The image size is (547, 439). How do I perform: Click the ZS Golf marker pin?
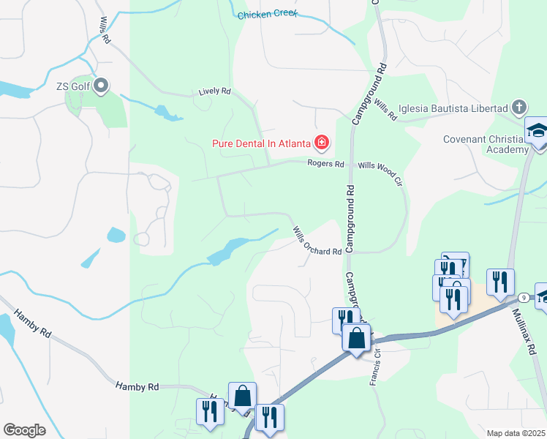(102, 86)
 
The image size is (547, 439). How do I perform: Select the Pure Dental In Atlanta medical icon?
(321, 142)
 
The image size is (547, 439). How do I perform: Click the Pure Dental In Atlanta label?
(261, 143)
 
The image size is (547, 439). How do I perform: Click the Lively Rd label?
(214, 92)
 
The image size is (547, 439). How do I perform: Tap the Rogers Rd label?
(325, 164)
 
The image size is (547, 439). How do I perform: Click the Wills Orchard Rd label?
(317, 241)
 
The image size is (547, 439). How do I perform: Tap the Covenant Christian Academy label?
(486, 144)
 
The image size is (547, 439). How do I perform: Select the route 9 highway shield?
(524, 297)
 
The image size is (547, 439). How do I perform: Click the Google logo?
(23, 430)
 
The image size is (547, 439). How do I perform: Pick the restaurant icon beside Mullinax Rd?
(500, 281)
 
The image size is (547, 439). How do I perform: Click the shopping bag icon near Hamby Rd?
(242, 396)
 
